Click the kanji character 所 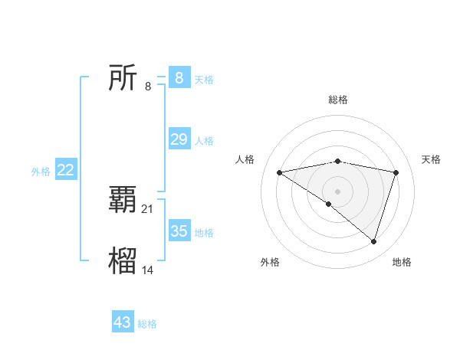point(123,78)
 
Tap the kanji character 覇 point(123,201)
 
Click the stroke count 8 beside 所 point(148,86)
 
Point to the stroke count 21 point(148,208)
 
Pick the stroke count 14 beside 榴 point(148,270)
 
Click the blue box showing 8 point(179,78)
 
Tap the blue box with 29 point(179,139)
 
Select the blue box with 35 point(179,231)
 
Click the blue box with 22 point(65,170)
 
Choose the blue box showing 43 point(123,322)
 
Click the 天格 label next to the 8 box point(203,79)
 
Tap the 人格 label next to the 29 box point(204,140)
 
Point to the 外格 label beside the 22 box point(41,172)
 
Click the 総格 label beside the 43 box point(147,324)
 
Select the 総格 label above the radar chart point(337,100)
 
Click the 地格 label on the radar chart point(402,263)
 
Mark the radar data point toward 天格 point(396,172)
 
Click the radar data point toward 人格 point(279,172)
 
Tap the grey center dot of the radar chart point(337,191)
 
